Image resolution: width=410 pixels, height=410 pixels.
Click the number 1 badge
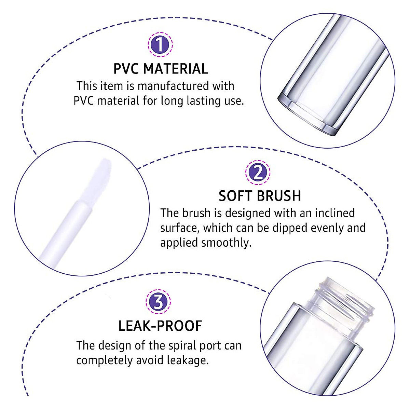[x=160, y=45]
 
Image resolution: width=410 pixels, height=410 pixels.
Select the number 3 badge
[x=158, y=302]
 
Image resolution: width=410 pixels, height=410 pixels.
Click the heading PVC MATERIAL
[x=161, y=69]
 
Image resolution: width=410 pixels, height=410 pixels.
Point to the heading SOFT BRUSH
[x=260, y=196]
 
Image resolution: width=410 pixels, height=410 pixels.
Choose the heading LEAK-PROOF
[x=160, y=326]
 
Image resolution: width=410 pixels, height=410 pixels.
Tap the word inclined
[x=334, y=213]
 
